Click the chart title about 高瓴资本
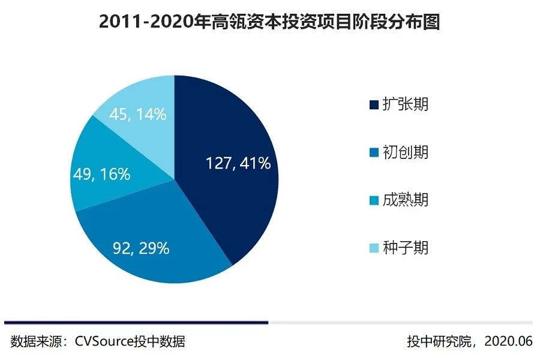tap(269, 22)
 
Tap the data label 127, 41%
tap(238, 163)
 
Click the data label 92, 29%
tap(141, 248)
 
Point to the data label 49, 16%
tap(103, 174)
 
